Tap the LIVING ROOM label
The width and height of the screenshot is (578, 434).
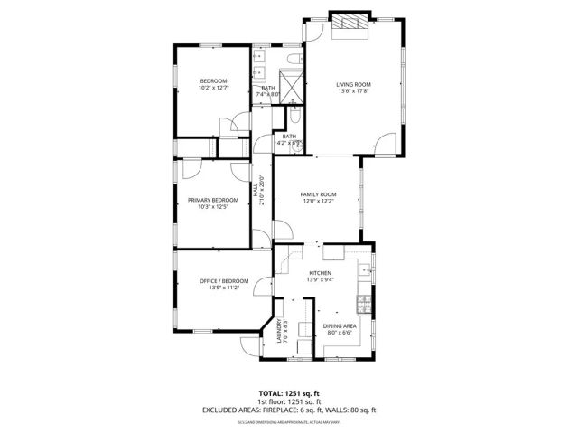pos(354,84)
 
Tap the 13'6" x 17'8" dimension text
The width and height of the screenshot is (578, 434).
pos(354,90)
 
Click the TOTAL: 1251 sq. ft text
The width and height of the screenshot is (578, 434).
pos(289,392)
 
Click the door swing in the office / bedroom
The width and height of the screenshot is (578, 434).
pos(262,288)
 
